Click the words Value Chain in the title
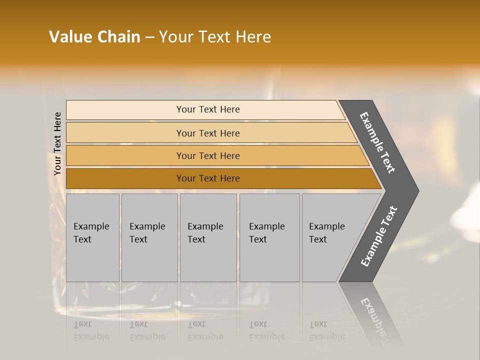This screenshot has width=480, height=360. (94, 37)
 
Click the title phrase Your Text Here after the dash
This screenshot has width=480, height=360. (215, 37)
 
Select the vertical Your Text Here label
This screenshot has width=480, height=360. (57, 143)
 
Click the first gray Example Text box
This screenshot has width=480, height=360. (92, 237)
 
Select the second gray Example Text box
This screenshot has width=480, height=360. (149, 237)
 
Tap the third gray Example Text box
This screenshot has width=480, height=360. (208, 237)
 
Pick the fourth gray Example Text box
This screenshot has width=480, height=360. (269, 237)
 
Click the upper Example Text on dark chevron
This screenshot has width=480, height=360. (377, 142)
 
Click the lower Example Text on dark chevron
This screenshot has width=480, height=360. (379, 236)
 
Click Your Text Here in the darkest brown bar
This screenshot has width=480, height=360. (208, 178)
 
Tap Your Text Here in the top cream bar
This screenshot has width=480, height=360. (208, 109)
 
